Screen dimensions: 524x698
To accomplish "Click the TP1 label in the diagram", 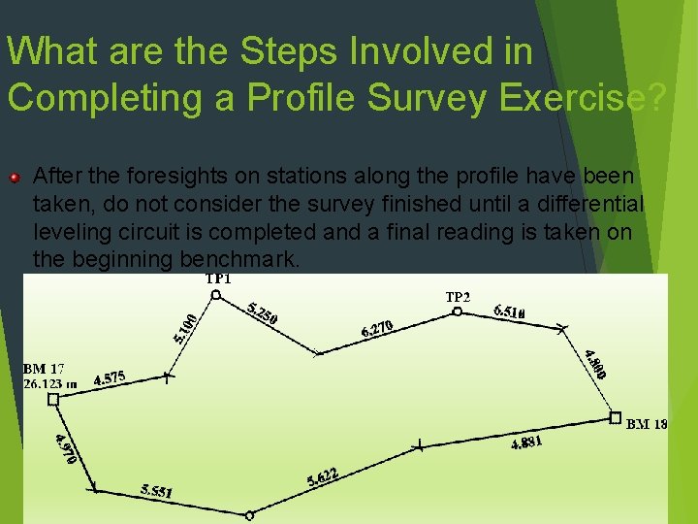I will [x=218, y=279].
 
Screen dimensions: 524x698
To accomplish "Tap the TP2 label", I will [x=458, y=296].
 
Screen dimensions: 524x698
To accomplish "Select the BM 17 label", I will [x=44, y=369].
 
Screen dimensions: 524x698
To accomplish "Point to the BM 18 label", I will [x=647, y=424].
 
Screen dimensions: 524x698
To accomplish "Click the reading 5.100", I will [x=186, y=328].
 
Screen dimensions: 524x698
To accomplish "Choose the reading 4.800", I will [x=596, y=365].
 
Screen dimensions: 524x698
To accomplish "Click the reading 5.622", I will [x=322, y=475].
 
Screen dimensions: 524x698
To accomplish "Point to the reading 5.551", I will [x=156, y=492].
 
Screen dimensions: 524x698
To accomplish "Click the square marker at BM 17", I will [x=53, y=399].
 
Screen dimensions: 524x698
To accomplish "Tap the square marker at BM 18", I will [x=615, y=417].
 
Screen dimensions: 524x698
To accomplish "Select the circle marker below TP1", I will [x=216, y=294].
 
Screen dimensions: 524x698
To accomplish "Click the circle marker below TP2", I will [x=457, y=311].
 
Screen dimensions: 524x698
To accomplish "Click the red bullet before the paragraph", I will [x=15, y=178].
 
